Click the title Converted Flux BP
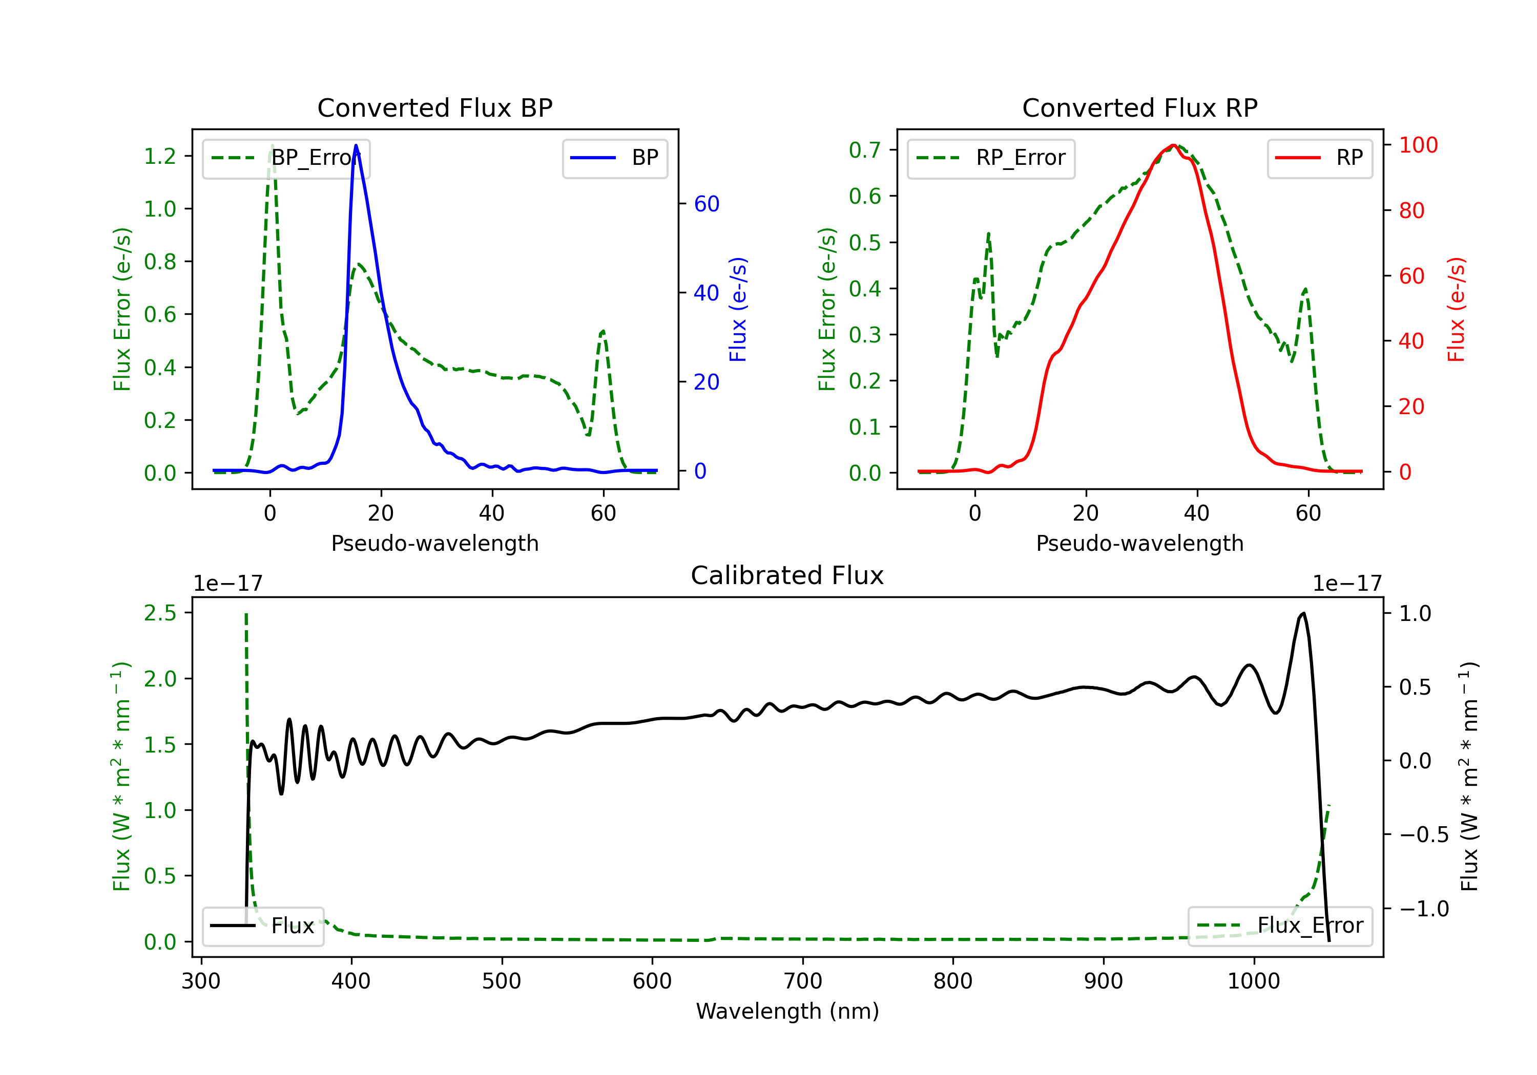pyautogui.click(x=434, y=107)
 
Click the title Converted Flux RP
pyautogui.click(x=1139, y=107)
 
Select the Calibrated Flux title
pyautogui.click(x=787, y=575)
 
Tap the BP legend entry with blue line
pyautogui.click(x=614, y=158)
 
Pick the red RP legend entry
pyautogui.click(x=1319, y=158)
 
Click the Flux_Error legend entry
pyautogui.click(x=1280, y=926)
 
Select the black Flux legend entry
pyautogui.click(x=262, y=926)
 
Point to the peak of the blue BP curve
pyautogui.click(x=356, y=145)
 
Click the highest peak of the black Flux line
pyautogui.click(x=1303, y=613)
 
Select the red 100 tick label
pyautogui.click(x=1419, y=145)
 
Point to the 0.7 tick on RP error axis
pyautogui.click(x=865, y=150)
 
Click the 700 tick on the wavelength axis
pyautogui.click(x=803, y=981)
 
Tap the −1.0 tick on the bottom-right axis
pyautogui.click(x=1424, y=909)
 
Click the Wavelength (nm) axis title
pyautogui.click(x=787, y=1012)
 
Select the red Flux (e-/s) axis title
pyautogui.click(x=1456, y=310)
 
